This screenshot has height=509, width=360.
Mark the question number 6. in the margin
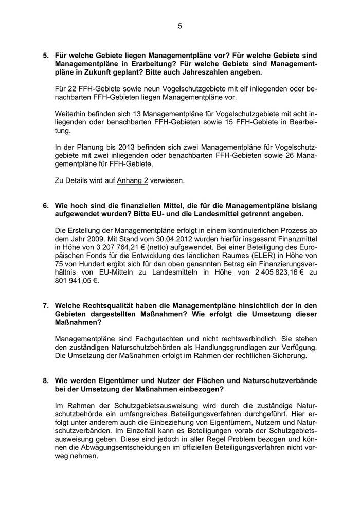click(46, 206)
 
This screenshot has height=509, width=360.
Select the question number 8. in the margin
click(46, 380)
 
